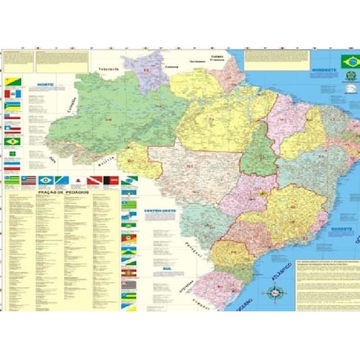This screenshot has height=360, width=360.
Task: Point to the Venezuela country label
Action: (x=109, y=70)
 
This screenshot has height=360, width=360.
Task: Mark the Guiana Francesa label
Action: (x=217, y=58)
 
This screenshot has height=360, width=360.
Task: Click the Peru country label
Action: (x=53, y=153)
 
